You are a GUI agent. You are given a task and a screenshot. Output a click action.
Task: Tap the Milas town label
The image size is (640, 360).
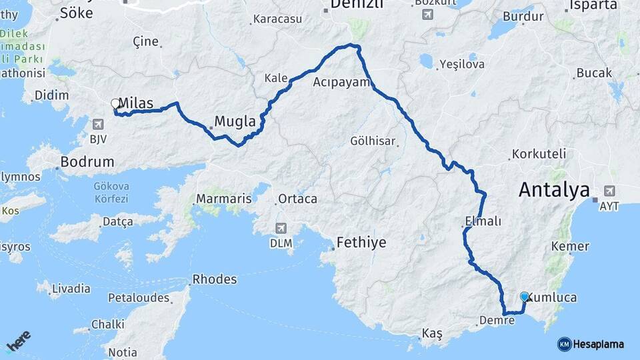137,103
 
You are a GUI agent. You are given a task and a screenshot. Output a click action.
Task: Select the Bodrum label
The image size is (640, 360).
87,161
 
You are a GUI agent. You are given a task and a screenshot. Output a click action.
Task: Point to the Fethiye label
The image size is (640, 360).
361,242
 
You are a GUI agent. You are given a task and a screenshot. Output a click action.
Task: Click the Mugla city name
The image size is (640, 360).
235,122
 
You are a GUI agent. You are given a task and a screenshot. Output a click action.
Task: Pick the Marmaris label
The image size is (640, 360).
224,199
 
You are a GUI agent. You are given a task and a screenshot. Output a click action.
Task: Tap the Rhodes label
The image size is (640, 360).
214,279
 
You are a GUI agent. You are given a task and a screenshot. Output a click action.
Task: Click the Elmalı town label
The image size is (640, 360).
483,221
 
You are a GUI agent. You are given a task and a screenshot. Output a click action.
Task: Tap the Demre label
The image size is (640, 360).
497,320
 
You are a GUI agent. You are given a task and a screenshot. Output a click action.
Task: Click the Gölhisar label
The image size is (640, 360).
373,141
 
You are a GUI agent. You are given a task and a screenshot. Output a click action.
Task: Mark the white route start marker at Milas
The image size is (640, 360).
115,103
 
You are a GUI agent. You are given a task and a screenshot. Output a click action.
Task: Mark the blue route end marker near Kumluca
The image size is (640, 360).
525,297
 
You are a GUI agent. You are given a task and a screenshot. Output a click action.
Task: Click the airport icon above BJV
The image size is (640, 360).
99,124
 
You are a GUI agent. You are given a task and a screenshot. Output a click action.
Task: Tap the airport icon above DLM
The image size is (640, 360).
281,229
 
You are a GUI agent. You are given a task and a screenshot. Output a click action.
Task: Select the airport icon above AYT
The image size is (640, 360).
609,191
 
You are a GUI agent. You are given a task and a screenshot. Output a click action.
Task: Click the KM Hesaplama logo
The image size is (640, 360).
591,344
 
